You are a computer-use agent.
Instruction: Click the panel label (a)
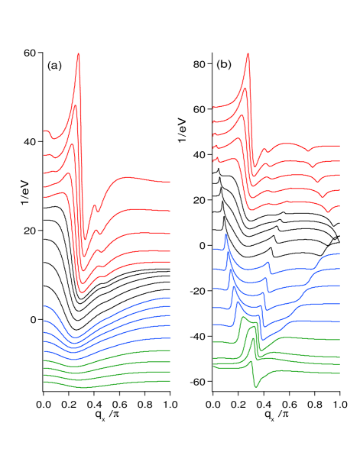(54, 66)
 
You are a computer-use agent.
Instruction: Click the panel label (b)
(223, 65)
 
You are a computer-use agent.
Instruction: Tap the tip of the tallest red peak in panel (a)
(79, 54)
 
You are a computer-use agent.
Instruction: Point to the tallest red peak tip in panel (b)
(248, 55)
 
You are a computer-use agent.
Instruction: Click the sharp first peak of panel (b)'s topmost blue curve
(225, 234)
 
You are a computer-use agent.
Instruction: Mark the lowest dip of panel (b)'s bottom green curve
(255, 386)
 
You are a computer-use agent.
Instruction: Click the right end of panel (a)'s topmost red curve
(170, 182)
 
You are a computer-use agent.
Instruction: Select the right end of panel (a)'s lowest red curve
(170, 260)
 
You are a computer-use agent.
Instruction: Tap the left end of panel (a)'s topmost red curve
(44, 131)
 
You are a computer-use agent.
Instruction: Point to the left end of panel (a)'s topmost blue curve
(44, 305)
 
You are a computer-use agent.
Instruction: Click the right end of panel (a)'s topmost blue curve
(170, 298)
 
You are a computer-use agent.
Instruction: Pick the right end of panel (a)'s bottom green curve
(170, 380)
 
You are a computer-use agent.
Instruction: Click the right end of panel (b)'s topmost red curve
(339, 145)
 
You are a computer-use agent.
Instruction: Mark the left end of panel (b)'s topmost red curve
(213, 107)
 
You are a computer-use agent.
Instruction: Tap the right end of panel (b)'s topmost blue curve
(339, 253)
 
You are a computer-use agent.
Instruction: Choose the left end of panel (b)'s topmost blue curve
(213, 247)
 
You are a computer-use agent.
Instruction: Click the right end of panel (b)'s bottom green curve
(339, 373)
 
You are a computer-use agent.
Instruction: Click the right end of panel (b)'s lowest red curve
(339, 205)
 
